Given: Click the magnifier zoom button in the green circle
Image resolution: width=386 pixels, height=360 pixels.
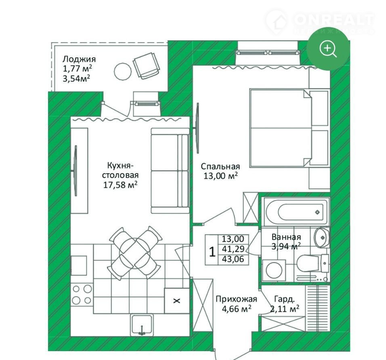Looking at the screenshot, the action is (328, 49).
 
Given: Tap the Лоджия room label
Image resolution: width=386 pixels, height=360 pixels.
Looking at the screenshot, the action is (79, 59).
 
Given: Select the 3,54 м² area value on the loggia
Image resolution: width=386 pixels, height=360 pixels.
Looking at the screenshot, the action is (76, 79).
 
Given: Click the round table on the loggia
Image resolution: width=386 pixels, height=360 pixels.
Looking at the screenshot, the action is (123, 71).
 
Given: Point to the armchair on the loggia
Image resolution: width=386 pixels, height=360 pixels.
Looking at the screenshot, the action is (146, 66).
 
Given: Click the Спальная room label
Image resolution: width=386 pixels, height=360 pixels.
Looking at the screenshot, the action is (220, 166).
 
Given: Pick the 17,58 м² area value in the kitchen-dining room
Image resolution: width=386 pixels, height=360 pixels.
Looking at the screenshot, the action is (120, 184).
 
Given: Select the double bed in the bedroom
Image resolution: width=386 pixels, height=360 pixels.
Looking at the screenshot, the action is (289, 128).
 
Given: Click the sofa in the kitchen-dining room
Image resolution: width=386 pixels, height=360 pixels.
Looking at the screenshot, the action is (170, 171).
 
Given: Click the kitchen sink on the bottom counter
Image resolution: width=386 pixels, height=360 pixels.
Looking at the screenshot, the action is (142, 325).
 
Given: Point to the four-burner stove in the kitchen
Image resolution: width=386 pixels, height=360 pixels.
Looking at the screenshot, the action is (82, 294).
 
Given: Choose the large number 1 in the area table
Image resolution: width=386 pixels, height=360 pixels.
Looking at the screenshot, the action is (212, 252).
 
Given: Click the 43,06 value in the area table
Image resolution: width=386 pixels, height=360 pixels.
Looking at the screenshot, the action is (233, 259).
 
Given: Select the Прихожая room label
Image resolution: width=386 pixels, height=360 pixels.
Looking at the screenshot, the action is (236, 299).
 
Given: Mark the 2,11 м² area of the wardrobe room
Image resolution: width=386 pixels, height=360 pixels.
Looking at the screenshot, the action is (285, 309).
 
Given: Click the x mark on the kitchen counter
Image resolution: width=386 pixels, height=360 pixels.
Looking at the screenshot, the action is (177, 300).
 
